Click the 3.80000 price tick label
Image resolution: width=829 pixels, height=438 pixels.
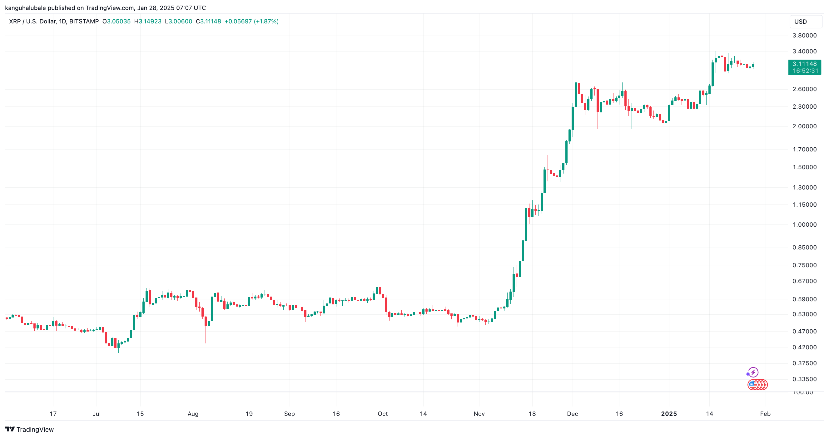point(804,35)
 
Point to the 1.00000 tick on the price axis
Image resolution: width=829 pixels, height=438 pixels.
point(804,224)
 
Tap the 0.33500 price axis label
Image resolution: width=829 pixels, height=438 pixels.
point(804,379)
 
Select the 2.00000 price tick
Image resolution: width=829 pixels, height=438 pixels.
point(804,126)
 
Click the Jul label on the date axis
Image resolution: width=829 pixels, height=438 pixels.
point(97,414)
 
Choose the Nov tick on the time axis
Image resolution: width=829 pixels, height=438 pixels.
point(479,414)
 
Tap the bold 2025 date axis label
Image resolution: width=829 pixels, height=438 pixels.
point(669,414)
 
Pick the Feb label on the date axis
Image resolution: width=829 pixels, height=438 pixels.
point(765,414)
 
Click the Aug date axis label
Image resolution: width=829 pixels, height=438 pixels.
point(193,414)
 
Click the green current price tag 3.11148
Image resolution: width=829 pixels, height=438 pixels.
point(804,64)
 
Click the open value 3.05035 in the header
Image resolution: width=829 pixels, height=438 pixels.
point(118,22)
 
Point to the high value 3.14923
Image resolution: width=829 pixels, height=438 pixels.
point(150,22)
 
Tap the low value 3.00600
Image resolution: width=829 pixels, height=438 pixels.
point(180,22)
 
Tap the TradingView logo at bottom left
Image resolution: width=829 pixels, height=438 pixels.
point(29,429)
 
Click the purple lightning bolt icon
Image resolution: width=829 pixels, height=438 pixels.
point(752,372)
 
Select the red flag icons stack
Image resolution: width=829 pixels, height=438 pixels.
point(757,385)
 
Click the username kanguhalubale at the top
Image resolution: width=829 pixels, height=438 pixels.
point(25,8)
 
